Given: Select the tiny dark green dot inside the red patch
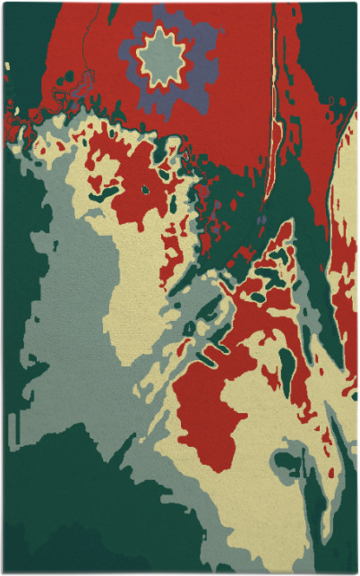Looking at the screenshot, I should point(145,189).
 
